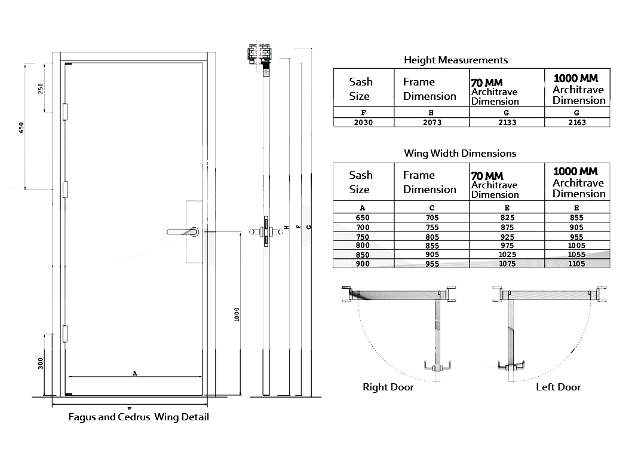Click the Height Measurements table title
(456, 60)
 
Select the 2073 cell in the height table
(431, 123)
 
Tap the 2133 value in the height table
(507, 123)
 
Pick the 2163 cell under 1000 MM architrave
(577, 123)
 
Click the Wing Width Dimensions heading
(460, 153)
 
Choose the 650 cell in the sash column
(363, 218)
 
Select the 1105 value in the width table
(576, 264)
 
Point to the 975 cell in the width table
(507, 246)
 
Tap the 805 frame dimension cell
(431, 237)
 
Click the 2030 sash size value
(363, 123)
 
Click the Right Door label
(388, 387)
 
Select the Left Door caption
(558, 387)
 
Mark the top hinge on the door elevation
(65, 111)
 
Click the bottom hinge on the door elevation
(65, 334)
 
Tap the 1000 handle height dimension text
(237, 314)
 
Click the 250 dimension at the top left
(41, 88)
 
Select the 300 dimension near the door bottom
(41, 363)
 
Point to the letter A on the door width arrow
(135, 374)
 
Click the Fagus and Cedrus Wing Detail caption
(139, 417)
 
